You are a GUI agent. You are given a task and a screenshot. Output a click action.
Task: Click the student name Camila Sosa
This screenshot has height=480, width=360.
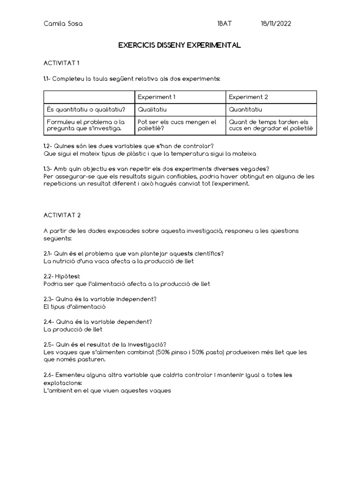click(63, 24)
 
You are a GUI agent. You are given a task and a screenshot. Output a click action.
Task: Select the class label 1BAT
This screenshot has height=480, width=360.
click(225, 24)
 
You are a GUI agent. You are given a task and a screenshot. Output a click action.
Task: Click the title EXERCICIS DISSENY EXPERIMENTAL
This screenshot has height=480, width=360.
click(180, 45)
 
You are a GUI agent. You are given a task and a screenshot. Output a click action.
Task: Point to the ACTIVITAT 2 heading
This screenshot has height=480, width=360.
click(62, 215)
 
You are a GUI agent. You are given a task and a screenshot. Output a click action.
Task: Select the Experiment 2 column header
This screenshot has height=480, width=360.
click(248, 97)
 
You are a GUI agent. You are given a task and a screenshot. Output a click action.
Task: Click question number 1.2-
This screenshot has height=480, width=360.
click(49, 146)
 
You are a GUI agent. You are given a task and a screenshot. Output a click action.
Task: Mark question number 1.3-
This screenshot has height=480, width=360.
click(49, 169)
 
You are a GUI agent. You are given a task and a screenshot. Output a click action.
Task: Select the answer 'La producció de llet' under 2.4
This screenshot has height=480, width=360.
click(72, 330)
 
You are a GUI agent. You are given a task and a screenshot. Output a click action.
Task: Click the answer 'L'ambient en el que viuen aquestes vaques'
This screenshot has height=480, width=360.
click(107, 390)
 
